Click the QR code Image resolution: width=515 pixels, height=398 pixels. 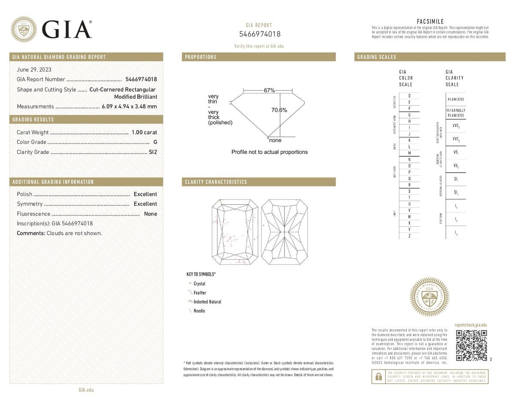(x=471, y=346)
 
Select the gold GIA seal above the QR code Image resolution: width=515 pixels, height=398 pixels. (x=429, y=296)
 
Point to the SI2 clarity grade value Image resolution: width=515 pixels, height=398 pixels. (x=153, y=152)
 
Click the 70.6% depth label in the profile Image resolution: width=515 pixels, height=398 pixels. (x=279, y=110)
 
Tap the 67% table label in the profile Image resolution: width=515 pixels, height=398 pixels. (x=270, y=91)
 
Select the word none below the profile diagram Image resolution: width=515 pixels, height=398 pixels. (x=275, y=140)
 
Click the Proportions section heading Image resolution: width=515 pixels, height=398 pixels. (x=201, y=57)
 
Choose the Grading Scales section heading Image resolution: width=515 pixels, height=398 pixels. (x=376, y=57)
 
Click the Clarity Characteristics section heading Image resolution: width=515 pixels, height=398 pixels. (x=216, y=182)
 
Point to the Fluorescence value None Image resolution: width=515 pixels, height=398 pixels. (x=151, y=214)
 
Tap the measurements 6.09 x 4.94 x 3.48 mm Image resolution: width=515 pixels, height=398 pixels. (x=129, y=106)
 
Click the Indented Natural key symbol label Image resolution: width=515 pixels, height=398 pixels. (x=207, y=302)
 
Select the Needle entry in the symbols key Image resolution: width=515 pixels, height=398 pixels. (x=199, y=311)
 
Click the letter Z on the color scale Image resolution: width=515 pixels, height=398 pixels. (x=409, y=236)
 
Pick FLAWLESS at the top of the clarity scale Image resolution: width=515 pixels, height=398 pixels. (x=455, y=99)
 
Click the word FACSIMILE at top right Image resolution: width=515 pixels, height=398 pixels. (x=430, y=21)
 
